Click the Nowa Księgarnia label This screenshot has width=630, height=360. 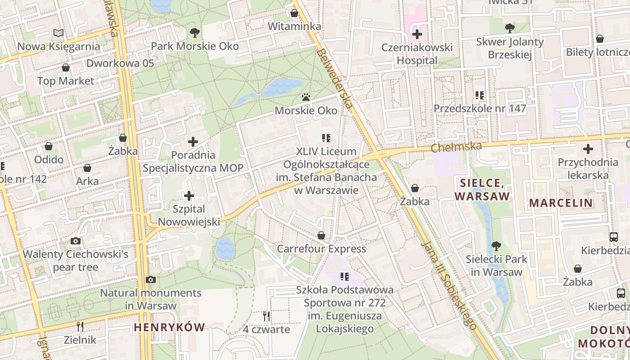click(58, 46)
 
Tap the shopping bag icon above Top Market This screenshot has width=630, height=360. click(66, 68)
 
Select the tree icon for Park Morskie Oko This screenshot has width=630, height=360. click(194, 32)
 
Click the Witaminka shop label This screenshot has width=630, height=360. click(294, 27)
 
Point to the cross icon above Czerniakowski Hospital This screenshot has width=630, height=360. click(417, 34)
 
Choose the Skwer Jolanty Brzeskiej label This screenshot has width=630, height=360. click(510, 48)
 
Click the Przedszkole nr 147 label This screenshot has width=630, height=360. click(480, 108)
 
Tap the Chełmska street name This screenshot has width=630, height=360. click(456, 147)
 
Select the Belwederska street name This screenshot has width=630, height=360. click(334, 78)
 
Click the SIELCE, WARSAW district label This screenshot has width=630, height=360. click(482, 189)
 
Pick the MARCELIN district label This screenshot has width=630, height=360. click(561, 202)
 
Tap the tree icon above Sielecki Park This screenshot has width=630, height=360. click(496, 246)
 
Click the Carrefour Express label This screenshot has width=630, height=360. click(321, 249)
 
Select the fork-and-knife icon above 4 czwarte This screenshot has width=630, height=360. click(266, 316)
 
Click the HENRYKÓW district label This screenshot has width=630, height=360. click(169, 327)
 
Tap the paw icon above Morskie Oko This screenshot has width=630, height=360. click(306, 97)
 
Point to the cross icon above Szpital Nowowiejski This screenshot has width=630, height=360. click(189, 196)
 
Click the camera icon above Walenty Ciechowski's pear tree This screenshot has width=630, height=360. click(76, 241)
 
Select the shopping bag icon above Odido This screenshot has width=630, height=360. click(49, 146)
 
